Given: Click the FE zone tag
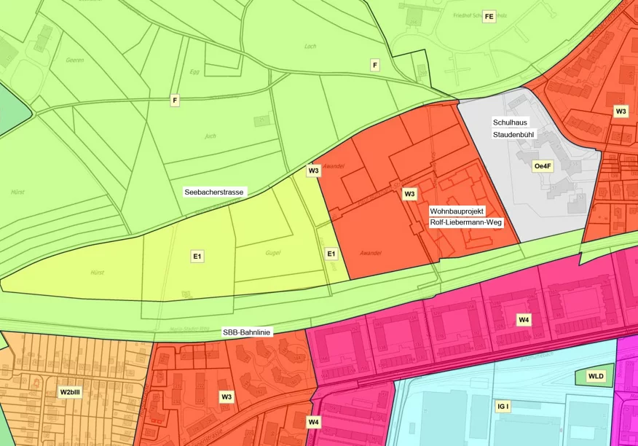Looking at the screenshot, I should [489, 17].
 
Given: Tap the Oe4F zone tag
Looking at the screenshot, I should [543, 166].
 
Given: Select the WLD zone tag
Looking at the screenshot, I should [596, 376].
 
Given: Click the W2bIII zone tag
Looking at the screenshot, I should [70, 392].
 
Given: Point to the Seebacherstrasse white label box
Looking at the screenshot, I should [215, 192].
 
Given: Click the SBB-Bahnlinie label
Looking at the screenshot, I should [247, 332].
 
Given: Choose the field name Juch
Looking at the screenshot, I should [210, 136].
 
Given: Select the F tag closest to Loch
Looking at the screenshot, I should [374, 66].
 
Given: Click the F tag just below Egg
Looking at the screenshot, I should [174, 100].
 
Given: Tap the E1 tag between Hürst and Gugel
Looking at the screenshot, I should [197, 257].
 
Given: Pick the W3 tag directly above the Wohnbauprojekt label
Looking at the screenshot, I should [410, 194].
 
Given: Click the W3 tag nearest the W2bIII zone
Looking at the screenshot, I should [227, 396].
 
